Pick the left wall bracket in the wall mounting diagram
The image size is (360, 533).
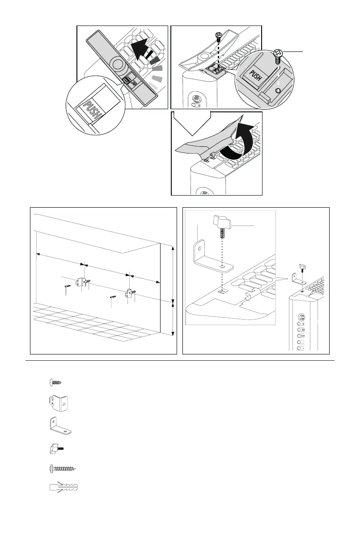82,282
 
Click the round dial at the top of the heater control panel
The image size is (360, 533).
301,317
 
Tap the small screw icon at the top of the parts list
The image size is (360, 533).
55,381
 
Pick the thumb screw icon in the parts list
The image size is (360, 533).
55,448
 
